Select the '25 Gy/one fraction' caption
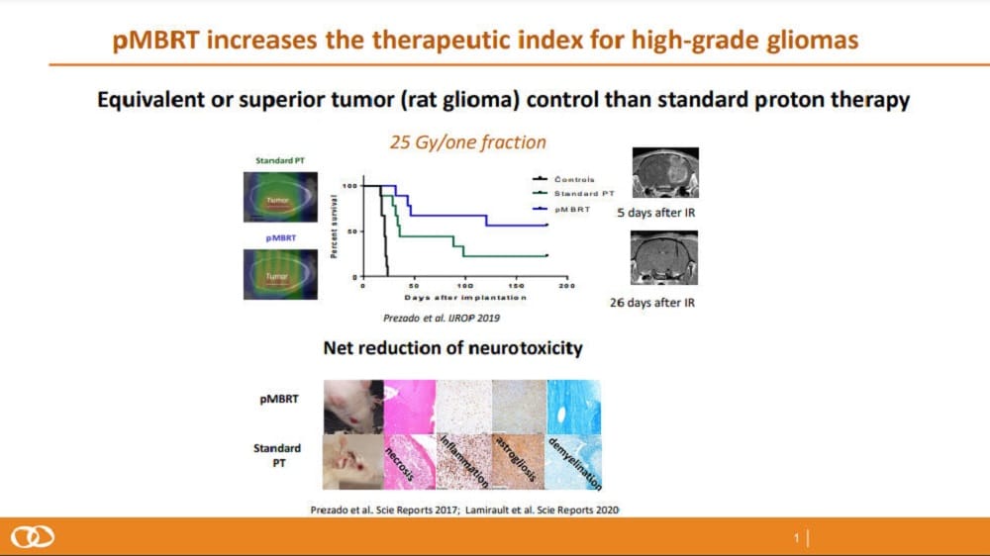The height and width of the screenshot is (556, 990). pos(467,142)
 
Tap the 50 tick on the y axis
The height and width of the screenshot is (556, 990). pos(353,231)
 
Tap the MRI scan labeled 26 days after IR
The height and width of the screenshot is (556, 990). pos(664,258)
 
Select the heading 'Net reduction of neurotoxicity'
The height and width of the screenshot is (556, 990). pos(452,348)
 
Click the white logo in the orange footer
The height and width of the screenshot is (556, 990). pos(32,536)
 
